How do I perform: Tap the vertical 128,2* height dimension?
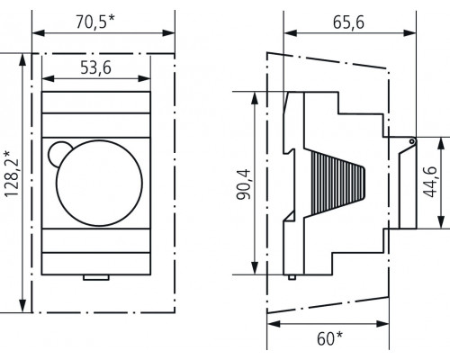click(x=10, y=181)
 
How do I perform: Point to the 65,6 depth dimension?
click(x=346, y=23)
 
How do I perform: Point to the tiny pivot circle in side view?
click(x=411, y=140)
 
